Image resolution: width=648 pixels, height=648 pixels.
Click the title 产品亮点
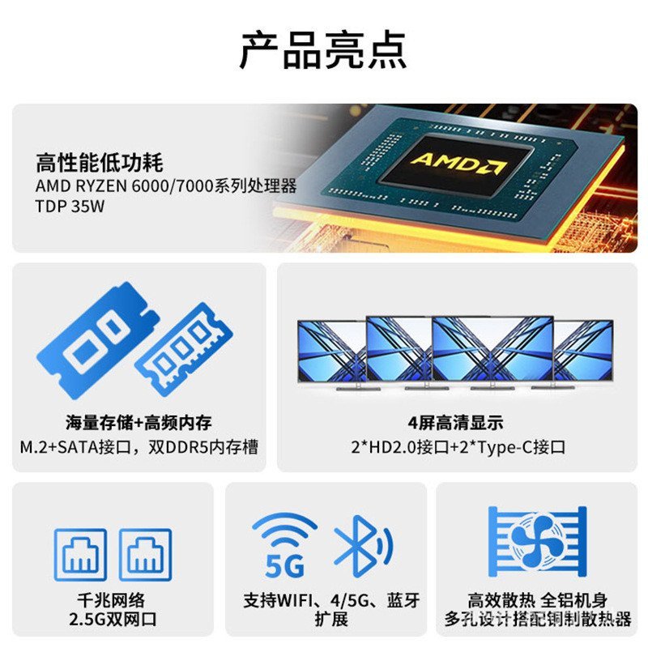click(x=323, y=50)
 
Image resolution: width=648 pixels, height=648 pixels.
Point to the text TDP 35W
click(x=70, y=207)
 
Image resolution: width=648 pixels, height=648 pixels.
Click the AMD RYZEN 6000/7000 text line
click(x=166, y=186)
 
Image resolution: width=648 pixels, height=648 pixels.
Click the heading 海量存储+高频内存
click(x=139, y=422)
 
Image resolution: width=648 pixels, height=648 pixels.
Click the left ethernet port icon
click(x=81, y=554)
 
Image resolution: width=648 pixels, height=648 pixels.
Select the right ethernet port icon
click(x=146, y=554)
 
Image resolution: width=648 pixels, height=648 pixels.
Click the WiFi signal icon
click(x=284, y=532)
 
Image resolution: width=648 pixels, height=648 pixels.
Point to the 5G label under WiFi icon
click(x=284, y=565)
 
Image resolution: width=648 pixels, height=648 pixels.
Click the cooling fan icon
click(x=536, y=541)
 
